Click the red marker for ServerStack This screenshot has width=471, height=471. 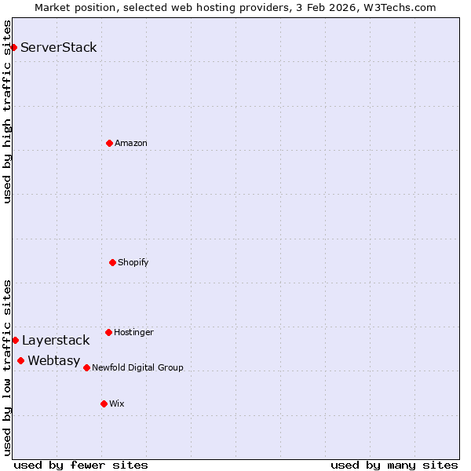tap(13, 47)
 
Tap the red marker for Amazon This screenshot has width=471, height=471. tap(109, 143)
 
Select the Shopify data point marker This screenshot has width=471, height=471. tap(112, 262)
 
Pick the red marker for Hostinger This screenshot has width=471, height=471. tap(108, 332)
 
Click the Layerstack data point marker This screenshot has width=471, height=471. tap(15, 340)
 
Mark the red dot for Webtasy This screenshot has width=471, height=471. tap(20, 360)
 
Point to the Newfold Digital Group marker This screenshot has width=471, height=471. tap(86, 367)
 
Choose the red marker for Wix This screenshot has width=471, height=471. tap(104, 403)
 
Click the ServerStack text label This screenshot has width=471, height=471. tap(59, 47)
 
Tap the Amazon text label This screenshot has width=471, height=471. tap(131, 143)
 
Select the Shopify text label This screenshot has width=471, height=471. tap(133, 262)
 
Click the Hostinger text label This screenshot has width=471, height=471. tap(133, 332)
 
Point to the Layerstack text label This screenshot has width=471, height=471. tap(56, 340)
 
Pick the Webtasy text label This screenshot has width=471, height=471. tap(54, 360)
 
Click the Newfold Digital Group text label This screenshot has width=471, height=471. tap(137, 367)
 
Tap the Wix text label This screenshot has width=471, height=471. tap(117, 403)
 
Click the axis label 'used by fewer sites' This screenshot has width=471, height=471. tap(81, 465)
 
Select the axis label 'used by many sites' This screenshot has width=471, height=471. tap(394, 465)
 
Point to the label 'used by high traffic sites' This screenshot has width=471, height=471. tap(7, 111)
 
